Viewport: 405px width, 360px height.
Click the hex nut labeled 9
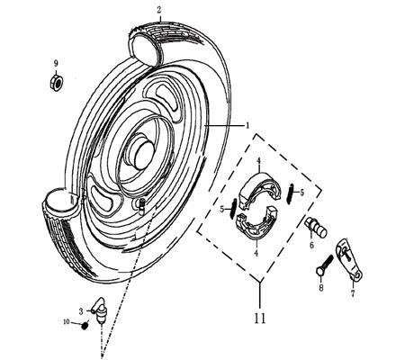coord(56,83)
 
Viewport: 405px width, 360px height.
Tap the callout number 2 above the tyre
coord(159,10)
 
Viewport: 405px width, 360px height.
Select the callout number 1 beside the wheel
coord(247,126)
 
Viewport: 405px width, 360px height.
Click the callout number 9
coord(55,63)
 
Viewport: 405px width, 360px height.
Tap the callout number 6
coord(311,244)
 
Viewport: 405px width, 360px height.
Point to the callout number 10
coord(65,321)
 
